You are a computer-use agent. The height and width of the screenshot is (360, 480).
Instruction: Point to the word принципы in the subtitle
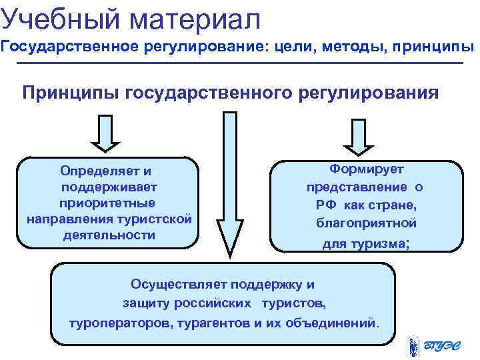[x=433, y=48]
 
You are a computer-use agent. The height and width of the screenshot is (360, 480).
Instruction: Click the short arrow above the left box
[x=104, y=133]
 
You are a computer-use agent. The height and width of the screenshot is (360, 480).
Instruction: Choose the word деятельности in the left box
[x=109, y=235]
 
